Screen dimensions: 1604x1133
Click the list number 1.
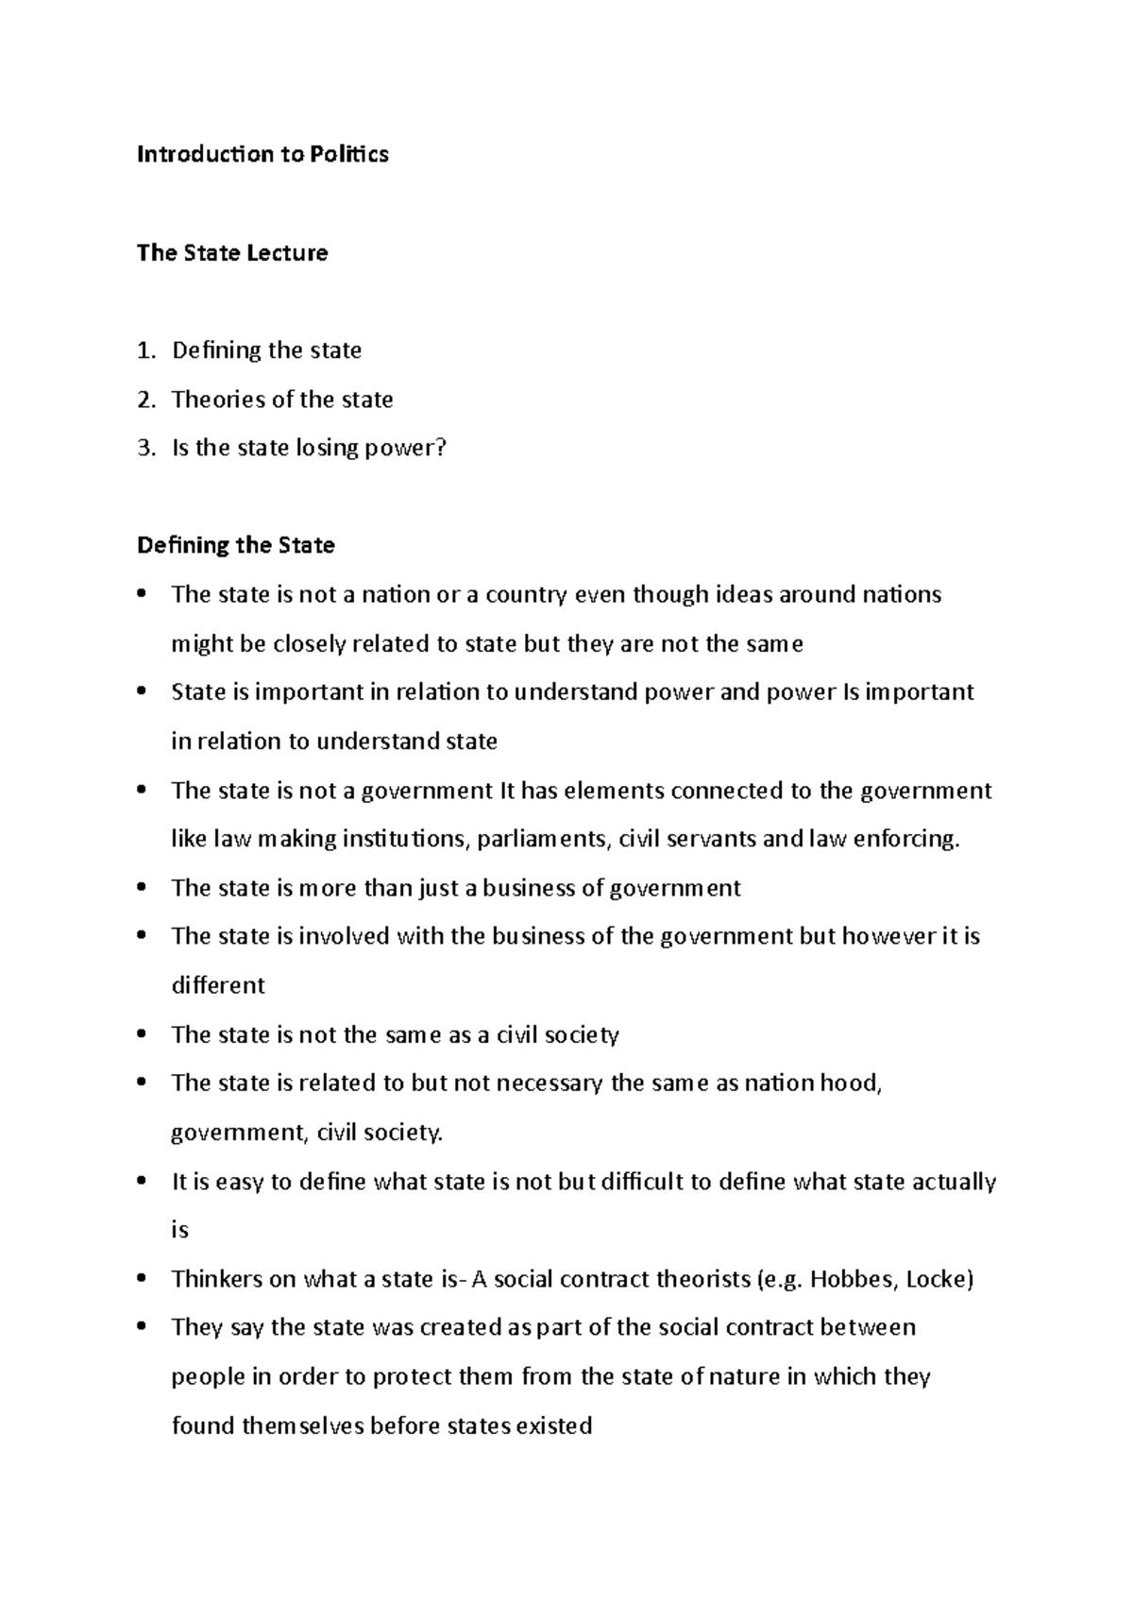144,351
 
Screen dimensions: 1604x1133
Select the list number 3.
144,449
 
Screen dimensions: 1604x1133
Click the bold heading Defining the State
236,546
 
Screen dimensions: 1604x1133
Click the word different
218,985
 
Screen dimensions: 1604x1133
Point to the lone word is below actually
179,1231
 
